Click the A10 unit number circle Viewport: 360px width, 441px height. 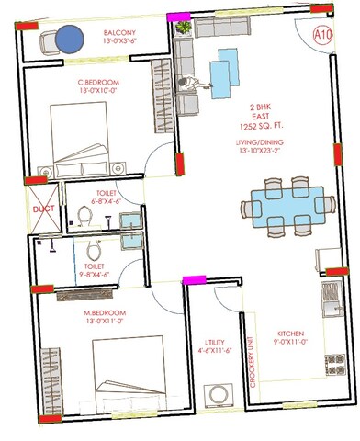click(x=323, y=35)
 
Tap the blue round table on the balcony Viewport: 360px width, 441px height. click(x=67, y=40)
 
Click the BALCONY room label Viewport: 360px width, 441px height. click(x=120, y=33)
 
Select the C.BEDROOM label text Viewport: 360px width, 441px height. click(x=98, y=82)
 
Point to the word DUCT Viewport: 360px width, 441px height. click(x=43, y=209)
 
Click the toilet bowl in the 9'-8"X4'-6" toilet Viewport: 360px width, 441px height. click(x=92, y=252)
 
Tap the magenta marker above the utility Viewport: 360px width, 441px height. click(x=194, y=279)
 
